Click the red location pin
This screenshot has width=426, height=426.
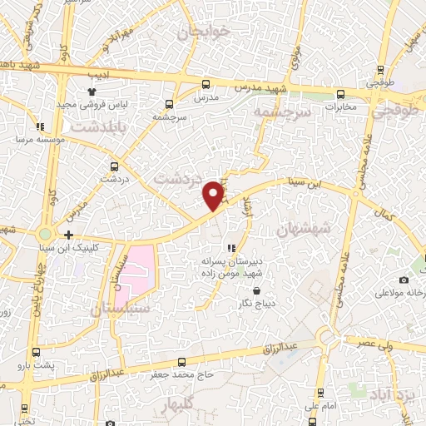[x=214, y=195]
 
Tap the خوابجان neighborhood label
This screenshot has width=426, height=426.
[x=200, y=32]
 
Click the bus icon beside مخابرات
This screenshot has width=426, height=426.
[x=340, y=93]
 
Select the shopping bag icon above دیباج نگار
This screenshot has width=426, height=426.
[x=256, y=291]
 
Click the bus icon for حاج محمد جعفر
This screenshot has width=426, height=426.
[x=182, y=363]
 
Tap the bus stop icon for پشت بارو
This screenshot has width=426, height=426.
[x=35, y=353]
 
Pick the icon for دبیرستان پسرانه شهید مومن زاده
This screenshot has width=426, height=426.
[x=230, y=248]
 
